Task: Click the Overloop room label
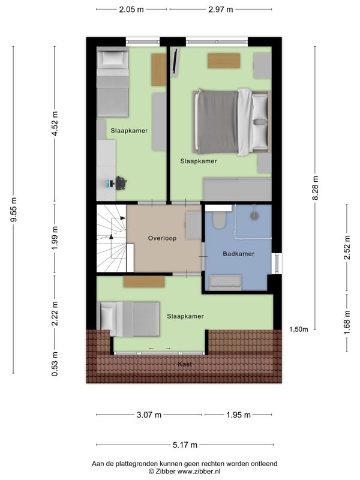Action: click(162, 238)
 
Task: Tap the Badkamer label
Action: click(238, 254)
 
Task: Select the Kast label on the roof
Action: click(185, 364)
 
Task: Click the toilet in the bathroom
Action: click(218, 220)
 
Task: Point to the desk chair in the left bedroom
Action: click(121, 183)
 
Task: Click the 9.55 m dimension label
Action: click(13, 209)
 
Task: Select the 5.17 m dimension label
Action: click(185, 445)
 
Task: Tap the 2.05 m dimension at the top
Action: click(131, 10)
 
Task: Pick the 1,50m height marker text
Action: click(299, 329)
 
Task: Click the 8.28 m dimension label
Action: click(315, 188)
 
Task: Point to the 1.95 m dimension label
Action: click(238, 415)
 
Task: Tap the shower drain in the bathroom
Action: click(254, 216)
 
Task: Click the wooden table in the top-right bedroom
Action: click(224, 61)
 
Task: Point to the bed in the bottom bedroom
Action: click(128, 319)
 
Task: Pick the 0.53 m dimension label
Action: click(55, 364)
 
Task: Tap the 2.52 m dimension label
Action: click(347, 247)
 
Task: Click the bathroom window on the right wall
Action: click(277, 263)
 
